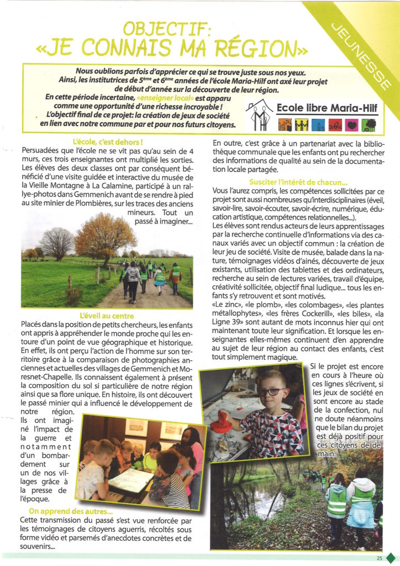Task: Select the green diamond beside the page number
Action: (391, 558)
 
